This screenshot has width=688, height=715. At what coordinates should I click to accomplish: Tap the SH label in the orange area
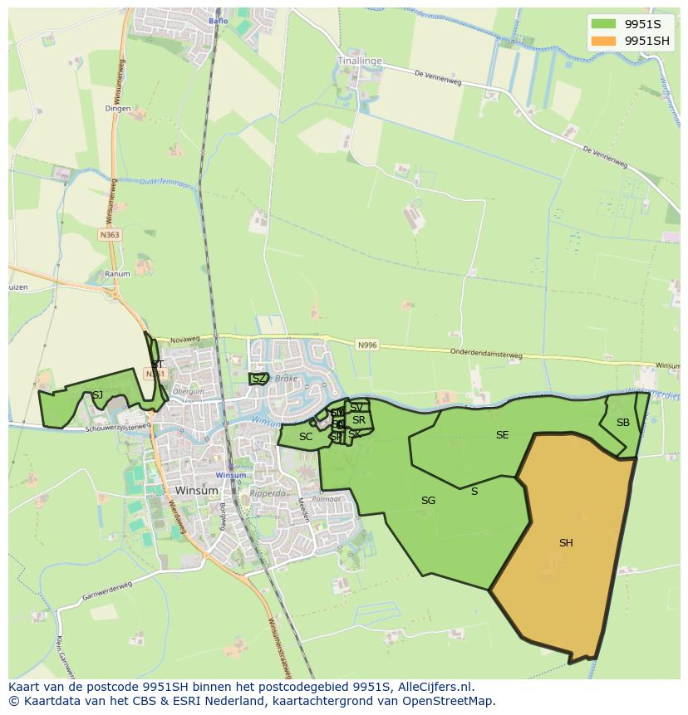(x=566, y=543)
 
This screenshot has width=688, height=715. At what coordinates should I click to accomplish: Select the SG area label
(x=428, y=501)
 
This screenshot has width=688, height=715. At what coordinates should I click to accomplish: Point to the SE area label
(x=502, y=435)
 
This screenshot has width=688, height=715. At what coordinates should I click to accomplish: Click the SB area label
(x=622, y=423)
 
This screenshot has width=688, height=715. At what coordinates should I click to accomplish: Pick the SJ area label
(x=97, y=395)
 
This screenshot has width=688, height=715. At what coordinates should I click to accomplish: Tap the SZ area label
(x=259, y=379)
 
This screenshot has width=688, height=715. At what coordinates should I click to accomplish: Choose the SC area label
(x=306, y=437)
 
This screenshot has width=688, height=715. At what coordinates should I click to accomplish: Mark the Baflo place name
(x=219, y=21)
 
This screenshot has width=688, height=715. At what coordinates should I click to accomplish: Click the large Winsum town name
(x=197, y=491)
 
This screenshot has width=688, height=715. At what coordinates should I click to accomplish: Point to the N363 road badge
(x=110, y=235)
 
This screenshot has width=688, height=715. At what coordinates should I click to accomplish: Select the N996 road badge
(x=367, y=345)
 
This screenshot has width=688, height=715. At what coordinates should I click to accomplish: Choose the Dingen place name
(x=118, y=108)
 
